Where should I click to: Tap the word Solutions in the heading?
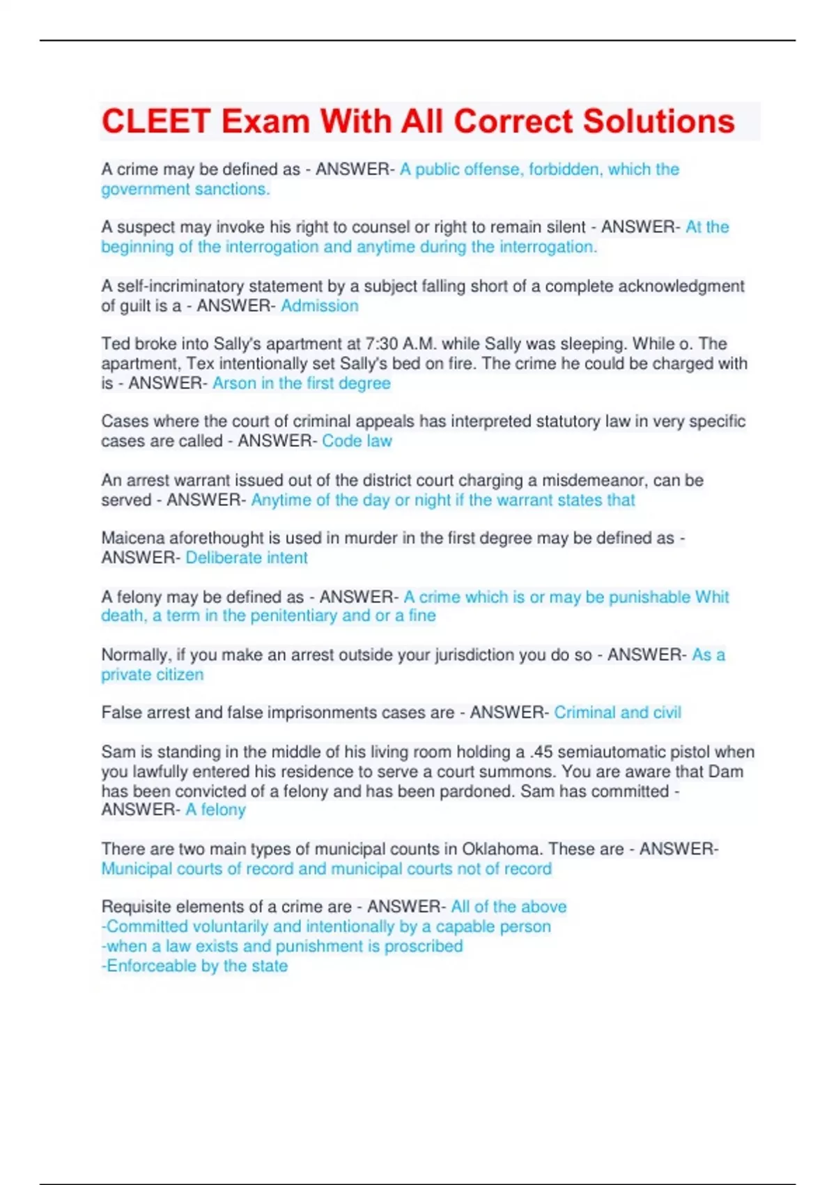(658, 121)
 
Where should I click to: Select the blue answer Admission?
(320, 305)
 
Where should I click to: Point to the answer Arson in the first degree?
(301, 383)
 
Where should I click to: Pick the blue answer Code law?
(357, 441)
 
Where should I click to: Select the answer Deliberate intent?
(247, 558)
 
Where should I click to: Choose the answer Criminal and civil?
(617, 712)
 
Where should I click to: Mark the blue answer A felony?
(215, 810)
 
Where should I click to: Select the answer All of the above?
(509, 907)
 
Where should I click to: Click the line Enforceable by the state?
(195, 966)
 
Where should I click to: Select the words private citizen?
(153, 675)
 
